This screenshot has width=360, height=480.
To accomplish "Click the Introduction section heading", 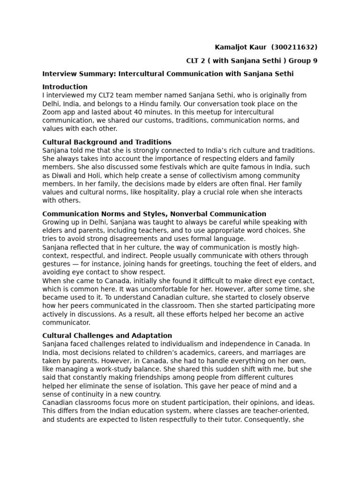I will click(65, 87).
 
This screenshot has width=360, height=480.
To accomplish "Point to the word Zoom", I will click(52, 112).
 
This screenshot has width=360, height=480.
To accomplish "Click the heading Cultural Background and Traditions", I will click(107, 142).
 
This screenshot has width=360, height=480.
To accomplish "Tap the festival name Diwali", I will click(61, 175).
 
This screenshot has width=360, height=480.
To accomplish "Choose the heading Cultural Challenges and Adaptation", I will click(107, 336).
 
